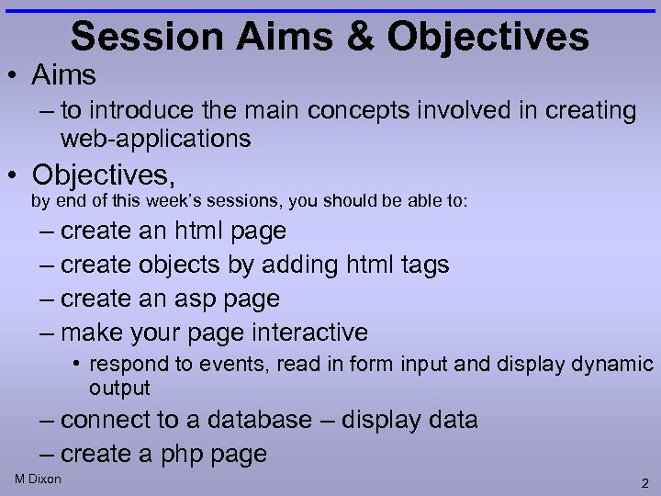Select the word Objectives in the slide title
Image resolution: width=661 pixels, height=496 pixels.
tap(488, 37)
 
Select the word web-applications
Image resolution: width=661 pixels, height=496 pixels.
tap(155, 139)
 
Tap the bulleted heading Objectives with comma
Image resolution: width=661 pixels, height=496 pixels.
tap(103, 174)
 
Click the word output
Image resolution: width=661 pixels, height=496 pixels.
tap(119, 389)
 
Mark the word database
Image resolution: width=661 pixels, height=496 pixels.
tap(260, 421)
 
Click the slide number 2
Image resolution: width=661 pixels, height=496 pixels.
tap(645, 482)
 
